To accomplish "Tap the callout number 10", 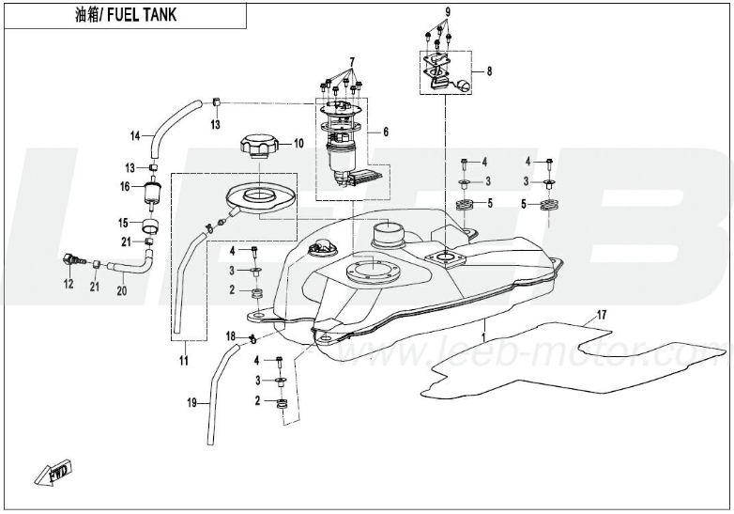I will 298,144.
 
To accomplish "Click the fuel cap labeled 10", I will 256,148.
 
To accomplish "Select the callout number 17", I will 602,313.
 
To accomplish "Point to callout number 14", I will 134,136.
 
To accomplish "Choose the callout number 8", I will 489,70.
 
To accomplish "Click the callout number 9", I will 447,10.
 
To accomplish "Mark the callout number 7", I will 352,61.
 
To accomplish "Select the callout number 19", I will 191,402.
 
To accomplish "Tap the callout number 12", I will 68,284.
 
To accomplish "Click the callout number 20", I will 120,290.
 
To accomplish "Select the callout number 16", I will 123,186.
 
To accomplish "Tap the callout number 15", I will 123,223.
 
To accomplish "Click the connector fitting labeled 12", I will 70,260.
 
